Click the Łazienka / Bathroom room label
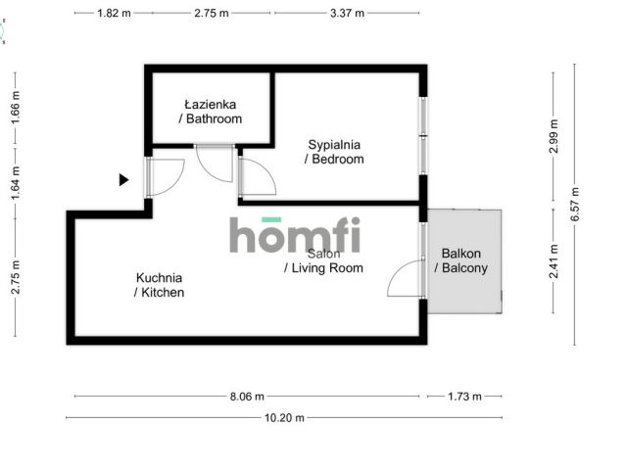211,112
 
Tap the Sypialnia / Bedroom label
334,152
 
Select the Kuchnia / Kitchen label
159,285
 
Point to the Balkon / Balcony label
461,260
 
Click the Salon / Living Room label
323,260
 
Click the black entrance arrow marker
124,180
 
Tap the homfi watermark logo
295,235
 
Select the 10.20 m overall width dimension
284,418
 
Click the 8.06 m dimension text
247,397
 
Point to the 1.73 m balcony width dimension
464,397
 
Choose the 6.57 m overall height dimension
575,205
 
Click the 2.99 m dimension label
554,136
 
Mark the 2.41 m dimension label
554,261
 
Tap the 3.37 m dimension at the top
347,13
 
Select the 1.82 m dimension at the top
114,13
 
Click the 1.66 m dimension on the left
16,107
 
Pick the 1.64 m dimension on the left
16,183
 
